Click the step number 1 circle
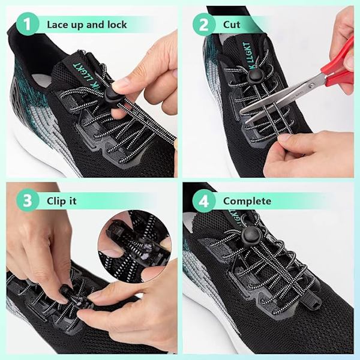tap(28, 24)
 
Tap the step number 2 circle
tap(204, 25)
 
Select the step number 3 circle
tap(28, 200)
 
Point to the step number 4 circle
tap(204, 201)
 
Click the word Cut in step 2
tap(232, 25)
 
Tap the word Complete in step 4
tap(247, 202)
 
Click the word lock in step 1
tap(117, 25)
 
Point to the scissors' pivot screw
tap(311, 85)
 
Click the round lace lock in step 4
tap(251, 236)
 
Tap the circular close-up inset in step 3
tap(134, 243)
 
